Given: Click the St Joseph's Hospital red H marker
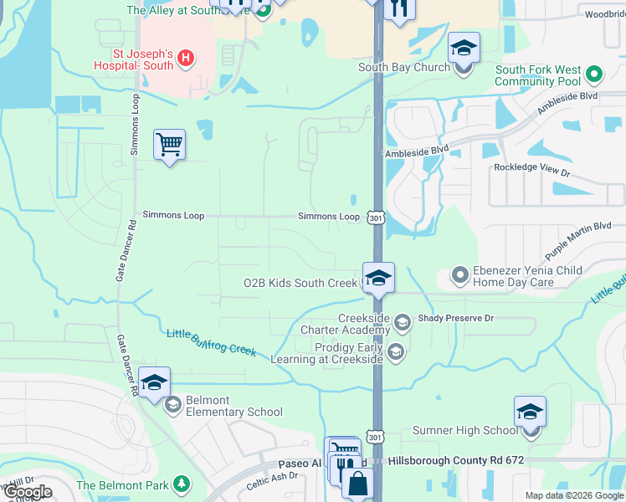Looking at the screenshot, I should [187, 59].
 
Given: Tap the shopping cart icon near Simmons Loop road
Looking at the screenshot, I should [169, 145].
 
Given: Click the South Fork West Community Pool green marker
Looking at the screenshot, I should [594, 75].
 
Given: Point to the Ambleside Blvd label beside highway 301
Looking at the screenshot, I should [416, 151].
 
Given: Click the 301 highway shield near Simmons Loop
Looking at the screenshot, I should [376, 218].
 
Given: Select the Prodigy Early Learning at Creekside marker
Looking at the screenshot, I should [396, 352].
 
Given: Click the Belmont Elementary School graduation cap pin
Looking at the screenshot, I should [154, 383].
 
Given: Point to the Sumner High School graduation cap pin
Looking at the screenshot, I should [530, 413].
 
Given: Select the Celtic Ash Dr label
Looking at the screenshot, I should [272, 481].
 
